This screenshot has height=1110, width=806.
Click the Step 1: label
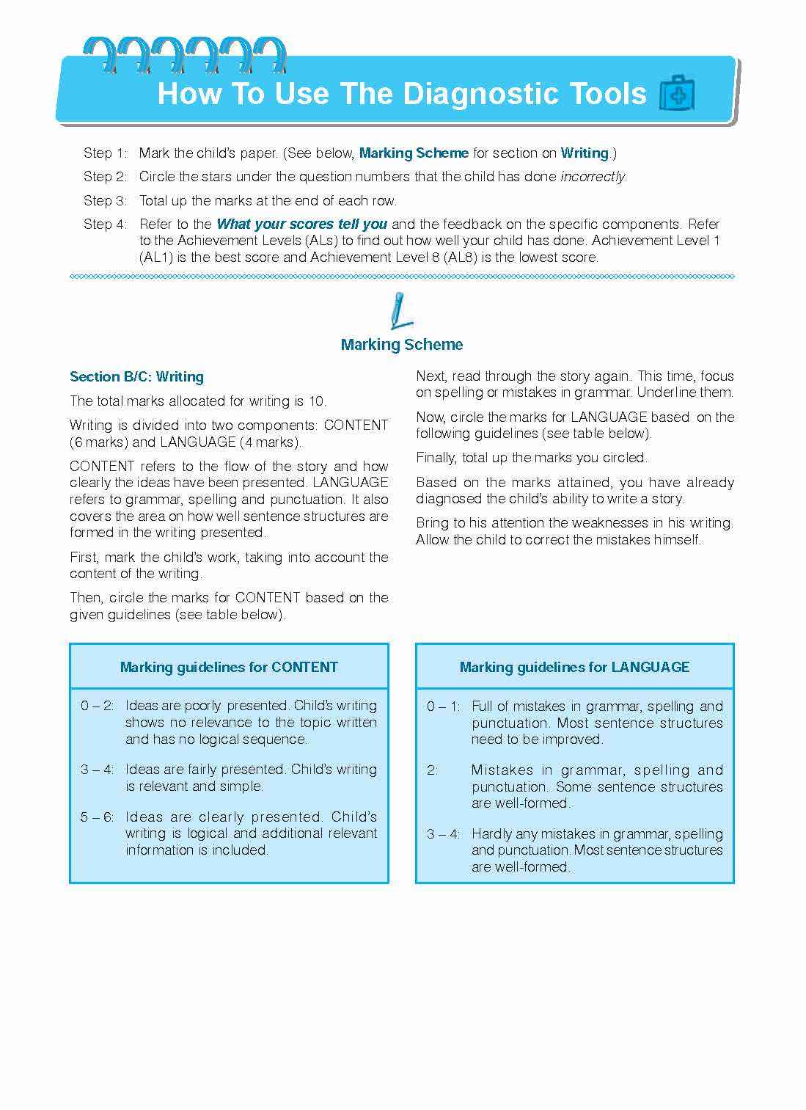[x=105, y=153]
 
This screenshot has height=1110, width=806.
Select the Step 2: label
[x=105, y=177]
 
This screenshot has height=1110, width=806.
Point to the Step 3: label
[x=105, y=200]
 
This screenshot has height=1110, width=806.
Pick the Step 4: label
[x=105, y=224]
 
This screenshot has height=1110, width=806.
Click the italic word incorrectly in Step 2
[x=593, y=177]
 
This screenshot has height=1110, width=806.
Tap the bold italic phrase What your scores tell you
[x=301, y=224]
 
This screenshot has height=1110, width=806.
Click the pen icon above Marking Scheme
[x=400, y=310]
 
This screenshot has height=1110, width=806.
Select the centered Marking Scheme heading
[x=402, y=345]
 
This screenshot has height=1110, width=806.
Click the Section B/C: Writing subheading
[x=136, y=377]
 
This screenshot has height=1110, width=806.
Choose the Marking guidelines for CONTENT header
[x=229, y=667]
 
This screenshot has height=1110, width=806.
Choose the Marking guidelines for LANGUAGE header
[x=574, y=667]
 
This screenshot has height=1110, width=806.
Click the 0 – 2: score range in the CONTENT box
[x=98, y=706]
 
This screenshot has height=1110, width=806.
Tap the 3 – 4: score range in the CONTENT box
[x=98, y=770]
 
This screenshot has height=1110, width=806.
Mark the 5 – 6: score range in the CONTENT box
[x=98, y=817]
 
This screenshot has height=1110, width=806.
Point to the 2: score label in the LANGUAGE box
[x=433, y=770]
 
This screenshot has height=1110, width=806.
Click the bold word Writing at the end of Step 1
[x=585, y=153]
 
